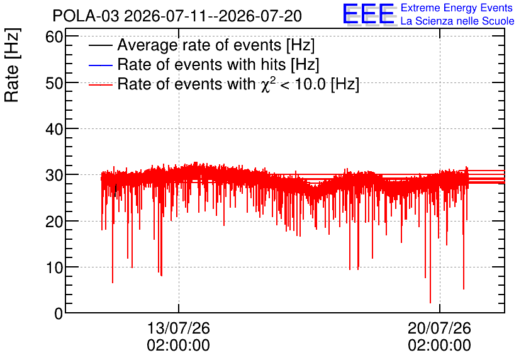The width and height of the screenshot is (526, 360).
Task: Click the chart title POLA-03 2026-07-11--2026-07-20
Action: point(177,16)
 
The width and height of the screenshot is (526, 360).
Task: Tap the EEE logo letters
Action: point(369,14)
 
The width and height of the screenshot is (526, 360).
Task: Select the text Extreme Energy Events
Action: point(457,8)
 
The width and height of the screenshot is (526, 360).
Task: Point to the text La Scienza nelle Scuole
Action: point(457,21)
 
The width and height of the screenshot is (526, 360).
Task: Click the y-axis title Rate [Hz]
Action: point(12,65)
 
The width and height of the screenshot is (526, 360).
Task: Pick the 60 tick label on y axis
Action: point(54,37)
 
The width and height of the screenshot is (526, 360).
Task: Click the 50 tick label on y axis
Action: point(54,83)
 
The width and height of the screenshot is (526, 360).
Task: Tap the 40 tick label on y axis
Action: point(54,129)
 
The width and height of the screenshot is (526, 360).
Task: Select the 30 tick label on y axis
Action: point(54,175)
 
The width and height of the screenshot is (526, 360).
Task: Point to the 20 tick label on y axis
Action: point(54,221)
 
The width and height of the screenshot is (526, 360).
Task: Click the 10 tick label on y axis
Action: point(54,267)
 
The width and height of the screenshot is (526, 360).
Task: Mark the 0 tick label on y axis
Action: point(59,313)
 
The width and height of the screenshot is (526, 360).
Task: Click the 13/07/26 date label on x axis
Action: point(179,328)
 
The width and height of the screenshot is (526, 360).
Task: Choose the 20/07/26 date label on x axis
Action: point(439,328)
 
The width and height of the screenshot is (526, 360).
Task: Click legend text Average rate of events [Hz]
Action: point(216,45)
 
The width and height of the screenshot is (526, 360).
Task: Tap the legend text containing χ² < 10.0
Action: point(238,84)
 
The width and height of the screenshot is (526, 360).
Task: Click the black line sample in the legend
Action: point(100,45)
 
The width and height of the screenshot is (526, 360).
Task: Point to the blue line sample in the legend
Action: point(100,65)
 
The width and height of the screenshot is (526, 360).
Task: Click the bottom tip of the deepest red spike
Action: point(430,303)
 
